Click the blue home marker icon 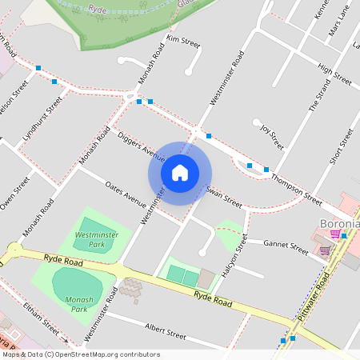coord(180,172)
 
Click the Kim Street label coord(182,39)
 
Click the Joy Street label coord(273,134)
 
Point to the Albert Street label coord(166,328)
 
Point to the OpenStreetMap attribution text coord(81,354)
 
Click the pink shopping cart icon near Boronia coord(335,234)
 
